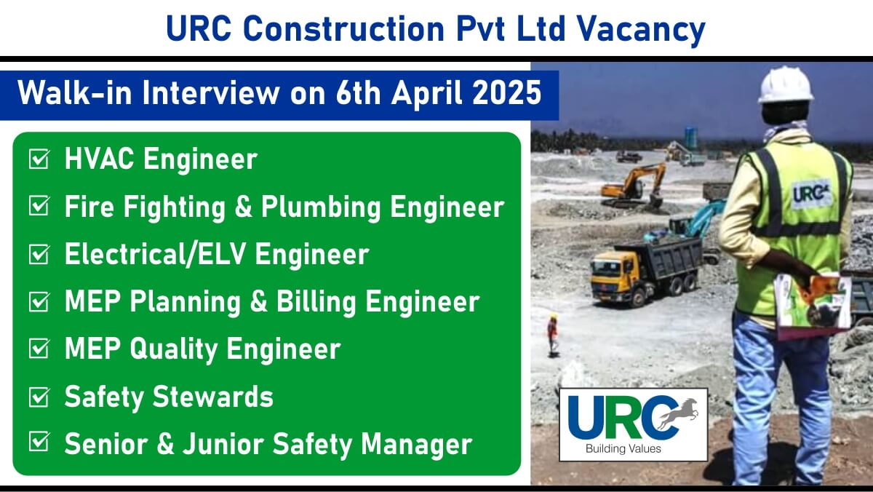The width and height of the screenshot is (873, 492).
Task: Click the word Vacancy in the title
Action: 641,30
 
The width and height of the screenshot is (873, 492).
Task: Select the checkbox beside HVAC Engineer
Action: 39,159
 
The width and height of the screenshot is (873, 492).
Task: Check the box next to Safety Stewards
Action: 39,397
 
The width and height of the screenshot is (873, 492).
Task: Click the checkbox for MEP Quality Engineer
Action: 39,349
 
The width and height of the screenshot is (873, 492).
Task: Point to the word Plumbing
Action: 320,208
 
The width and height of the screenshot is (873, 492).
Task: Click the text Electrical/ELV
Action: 155,254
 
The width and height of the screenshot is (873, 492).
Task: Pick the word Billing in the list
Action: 316,302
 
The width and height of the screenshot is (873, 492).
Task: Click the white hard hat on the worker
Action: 785,86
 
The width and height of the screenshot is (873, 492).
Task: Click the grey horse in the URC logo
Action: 677,414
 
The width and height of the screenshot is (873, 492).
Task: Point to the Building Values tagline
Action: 623,449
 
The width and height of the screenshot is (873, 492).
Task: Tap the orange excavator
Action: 634,186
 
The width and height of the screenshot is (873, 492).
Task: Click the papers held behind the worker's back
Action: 813,304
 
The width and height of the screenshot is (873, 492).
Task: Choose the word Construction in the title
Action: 344,29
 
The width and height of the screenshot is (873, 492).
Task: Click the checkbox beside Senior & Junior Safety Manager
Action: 39,441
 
